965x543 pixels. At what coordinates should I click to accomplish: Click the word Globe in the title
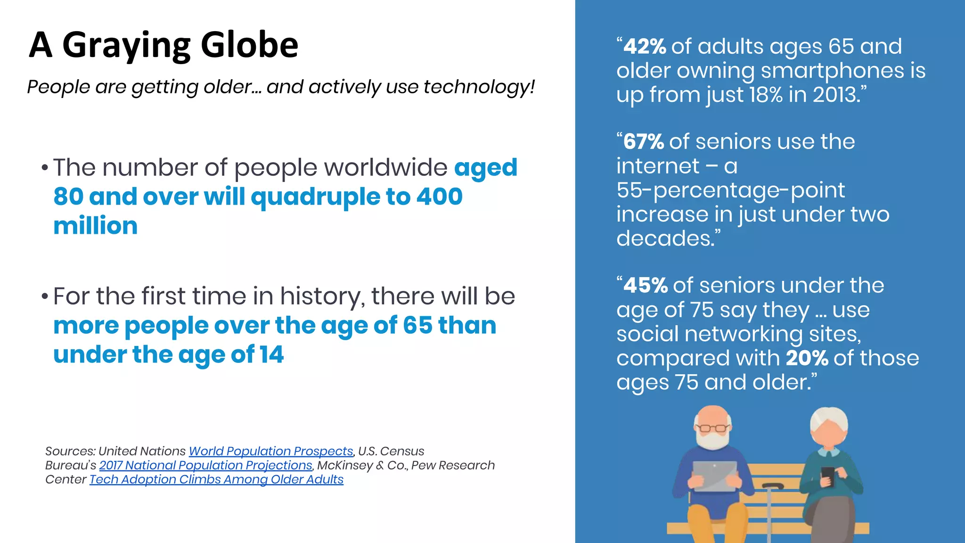249,45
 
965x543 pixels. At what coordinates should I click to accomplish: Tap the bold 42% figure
644,47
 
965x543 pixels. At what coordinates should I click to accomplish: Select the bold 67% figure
643,142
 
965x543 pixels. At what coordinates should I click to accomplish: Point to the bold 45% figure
645,286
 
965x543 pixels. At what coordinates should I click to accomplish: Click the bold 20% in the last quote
807,358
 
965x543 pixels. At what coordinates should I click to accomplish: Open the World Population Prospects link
271,451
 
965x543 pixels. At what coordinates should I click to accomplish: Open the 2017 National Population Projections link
205,465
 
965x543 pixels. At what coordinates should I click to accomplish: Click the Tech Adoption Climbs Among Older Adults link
216,479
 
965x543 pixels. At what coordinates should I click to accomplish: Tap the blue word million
95,226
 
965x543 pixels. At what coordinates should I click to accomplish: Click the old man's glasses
712,428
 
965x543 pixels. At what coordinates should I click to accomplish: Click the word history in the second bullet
321,296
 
